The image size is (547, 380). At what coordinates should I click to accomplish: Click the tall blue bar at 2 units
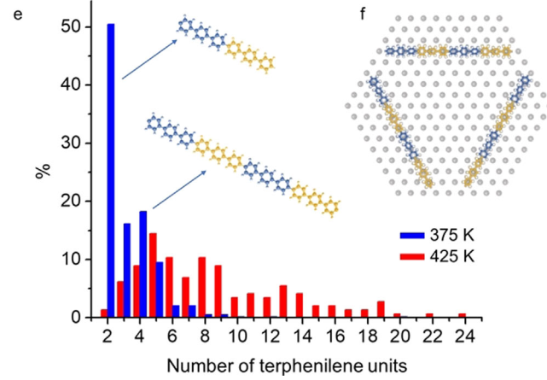pyautogui.click(x=111, y=171)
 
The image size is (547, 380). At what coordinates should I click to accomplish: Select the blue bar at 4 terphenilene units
pyautogui.click(x=143, y=264)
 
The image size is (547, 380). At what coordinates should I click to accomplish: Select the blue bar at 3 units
pyautogui.click(x=127, y=270)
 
